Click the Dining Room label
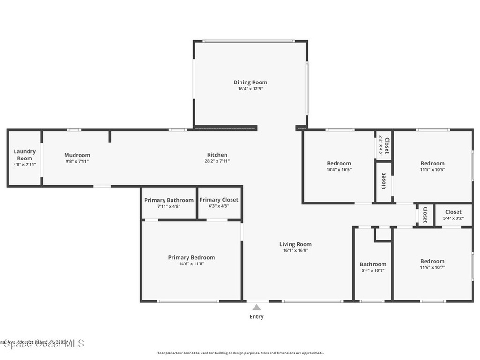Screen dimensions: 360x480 (x=250, y=82)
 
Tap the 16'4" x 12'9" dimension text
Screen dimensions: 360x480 (x=250, y=89)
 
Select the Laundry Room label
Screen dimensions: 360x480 (x=24, y=155)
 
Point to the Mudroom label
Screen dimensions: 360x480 (x=77, y=155)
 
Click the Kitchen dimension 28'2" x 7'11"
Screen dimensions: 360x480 (x=217, y=161)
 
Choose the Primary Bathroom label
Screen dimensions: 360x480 (x=169, y=200)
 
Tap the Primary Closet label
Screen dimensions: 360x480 (x=218, y=200)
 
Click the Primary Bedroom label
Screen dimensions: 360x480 (x=191, y=257)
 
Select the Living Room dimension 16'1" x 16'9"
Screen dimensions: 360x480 (x=295, y=250)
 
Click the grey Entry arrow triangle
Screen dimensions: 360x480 (x=256, y=307)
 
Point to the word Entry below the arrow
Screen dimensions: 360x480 (x=256, y=317)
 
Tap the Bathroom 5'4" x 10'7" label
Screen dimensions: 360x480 (x=373, y=264)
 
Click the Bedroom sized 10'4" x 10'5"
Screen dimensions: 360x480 (x=338, y=164)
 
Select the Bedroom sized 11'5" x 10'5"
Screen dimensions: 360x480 (x=432, y=164)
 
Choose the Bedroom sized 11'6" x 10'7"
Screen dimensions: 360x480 (x=432, y=261)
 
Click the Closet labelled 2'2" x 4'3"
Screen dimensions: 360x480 (x=384, y=145)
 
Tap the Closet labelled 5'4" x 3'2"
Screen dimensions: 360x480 (x=453, y=212)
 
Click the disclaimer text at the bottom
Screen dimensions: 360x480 (x=240, y=353)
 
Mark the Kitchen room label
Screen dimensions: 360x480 (x=217, y=155)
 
